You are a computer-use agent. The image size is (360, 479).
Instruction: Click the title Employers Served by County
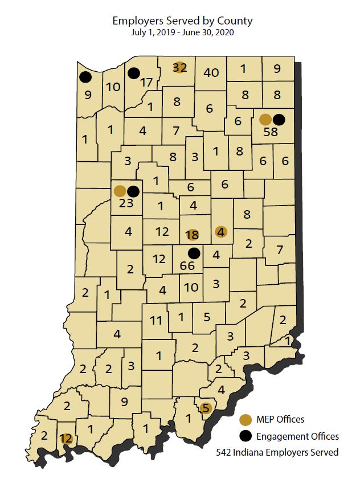pos(182,21)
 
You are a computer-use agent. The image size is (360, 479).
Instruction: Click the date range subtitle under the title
pos(182,32)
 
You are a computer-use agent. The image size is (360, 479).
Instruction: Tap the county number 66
pos(187,265)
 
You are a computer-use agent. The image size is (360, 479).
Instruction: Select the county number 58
pos(271,132)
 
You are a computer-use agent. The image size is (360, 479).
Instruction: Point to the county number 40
pos(211,72)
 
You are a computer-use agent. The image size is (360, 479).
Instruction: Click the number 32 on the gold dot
pos(179,67)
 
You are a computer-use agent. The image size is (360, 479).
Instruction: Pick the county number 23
pos(126,203)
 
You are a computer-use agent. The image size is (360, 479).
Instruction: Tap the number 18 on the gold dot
pos(192,235)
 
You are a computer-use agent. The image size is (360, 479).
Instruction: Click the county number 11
pos(157,320)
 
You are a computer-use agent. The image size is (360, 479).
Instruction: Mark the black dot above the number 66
pos(194,253)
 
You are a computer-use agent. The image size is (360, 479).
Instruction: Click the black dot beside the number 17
pos(134,73)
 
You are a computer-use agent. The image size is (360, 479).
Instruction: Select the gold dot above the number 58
pos(265,120)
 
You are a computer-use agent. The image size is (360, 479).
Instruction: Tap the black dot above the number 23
pos(133,191)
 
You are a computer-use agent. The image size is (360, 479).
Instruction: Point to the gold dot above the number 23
pos(120,191)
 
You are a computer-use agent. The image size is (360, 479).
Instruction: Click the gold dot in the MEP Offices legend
pos(246,420)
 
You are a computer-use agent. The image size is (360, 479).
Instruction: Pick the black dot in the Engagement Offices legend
pos(246,436)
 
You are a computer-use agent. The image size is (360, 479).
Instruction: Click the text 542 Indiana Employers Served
pos(277,453)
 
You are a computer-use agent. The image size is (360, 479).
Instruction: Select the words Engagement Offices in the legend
pos(297,436)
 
